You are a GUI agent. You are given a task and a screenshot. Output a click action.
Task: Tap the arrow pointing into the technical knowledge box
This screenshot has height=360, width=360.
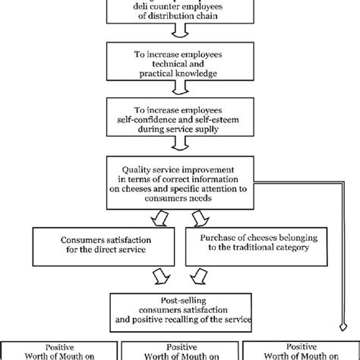click(179, 33)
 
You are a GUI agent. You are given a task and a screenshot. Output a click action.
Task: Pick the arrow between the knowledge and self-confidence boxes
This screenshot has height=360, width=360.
click(179, 89)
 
